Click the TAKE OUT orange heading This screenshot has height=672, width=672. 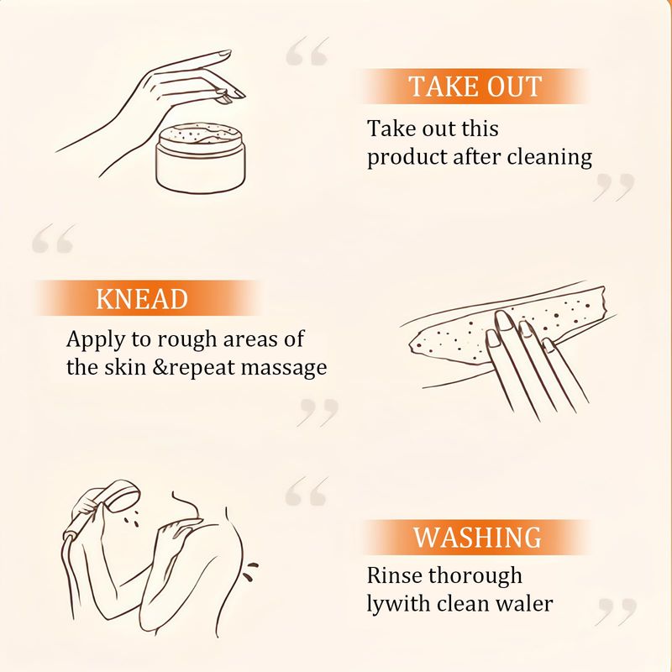[x=475, y=87]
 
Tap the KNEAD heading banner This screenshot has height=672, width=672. [x=146, y=298]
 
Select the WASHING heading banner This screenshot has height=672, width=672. [x=476, y=537]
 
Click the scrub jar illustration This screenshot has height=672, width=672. [x=201, y=158]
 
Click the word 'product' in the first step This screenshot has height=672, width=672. [x=407, y=158]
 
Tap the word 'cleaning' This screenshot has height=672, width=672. [x=549, y=158]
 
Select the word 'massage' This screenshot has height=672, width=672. [x=284, y=369]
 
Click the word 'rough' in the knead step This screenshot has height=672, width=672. [x=187, y=340]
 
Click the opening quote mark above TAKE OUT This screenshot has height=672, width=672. [x=307, y=51]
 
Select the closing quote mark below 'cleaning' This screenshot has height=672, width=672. [x=613, y=187]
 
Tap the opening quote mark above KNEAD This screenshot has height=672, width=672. [x=54, y=239]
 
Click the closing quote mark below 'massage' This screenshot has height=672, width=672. [x=318, y=412]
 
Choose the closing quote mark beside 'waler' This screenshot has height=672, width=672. [x=616, y=612]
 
